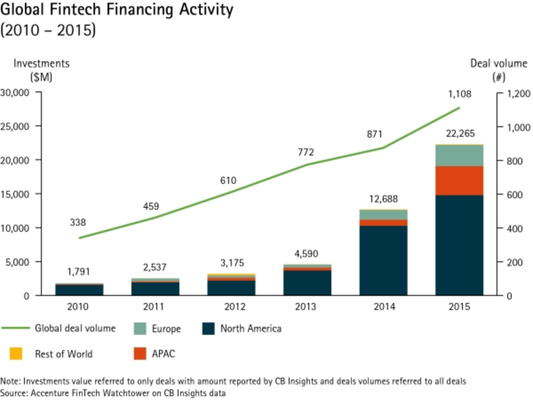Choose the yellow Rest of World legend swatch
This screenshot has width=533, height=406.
(x=16, y=354)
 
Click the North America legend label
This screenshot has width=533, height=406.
(x=251, y=329)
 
